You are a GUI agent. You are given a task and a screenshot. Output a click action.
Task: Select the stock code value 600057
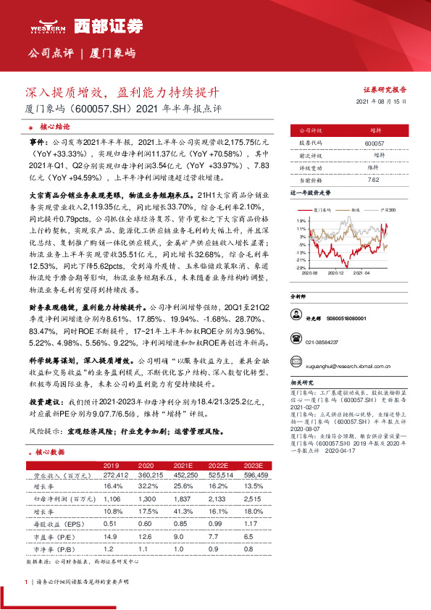[x=375, y=143]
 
